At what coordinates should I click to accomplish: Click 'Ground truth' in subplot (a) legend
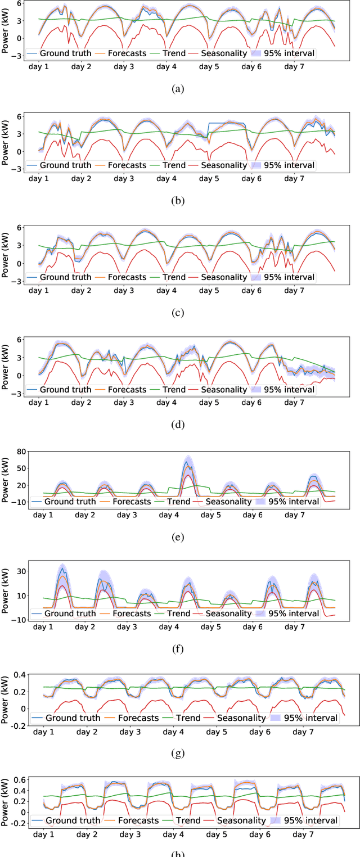61,53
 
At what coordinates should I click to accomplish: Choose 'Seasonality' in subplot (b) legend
224,165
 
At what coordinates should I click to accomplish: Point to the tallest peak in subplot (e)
187,462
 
